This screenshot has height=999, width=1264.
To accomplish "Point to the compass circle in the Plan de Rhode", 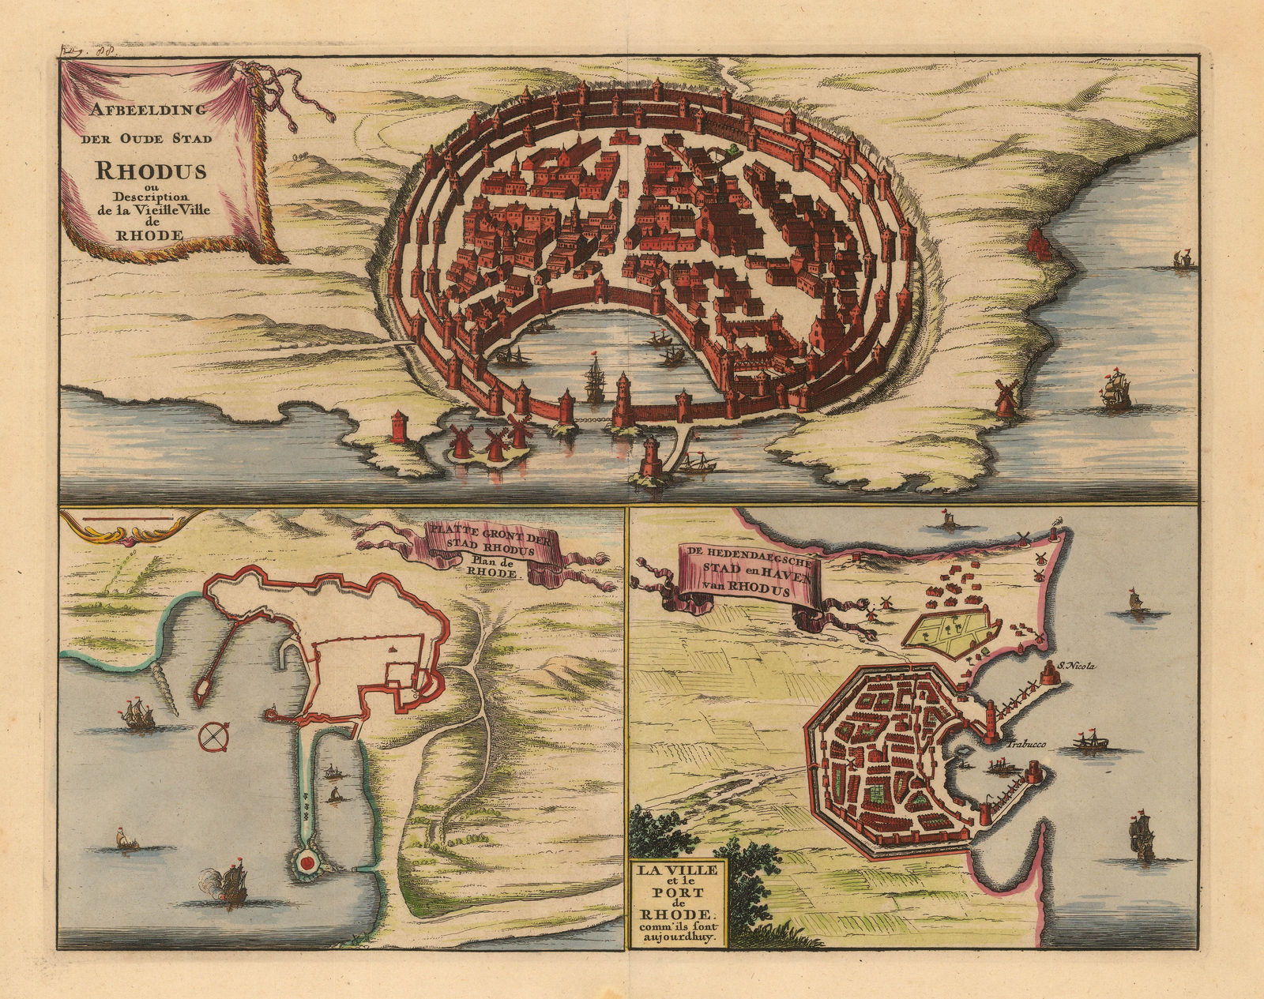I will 213,735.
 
